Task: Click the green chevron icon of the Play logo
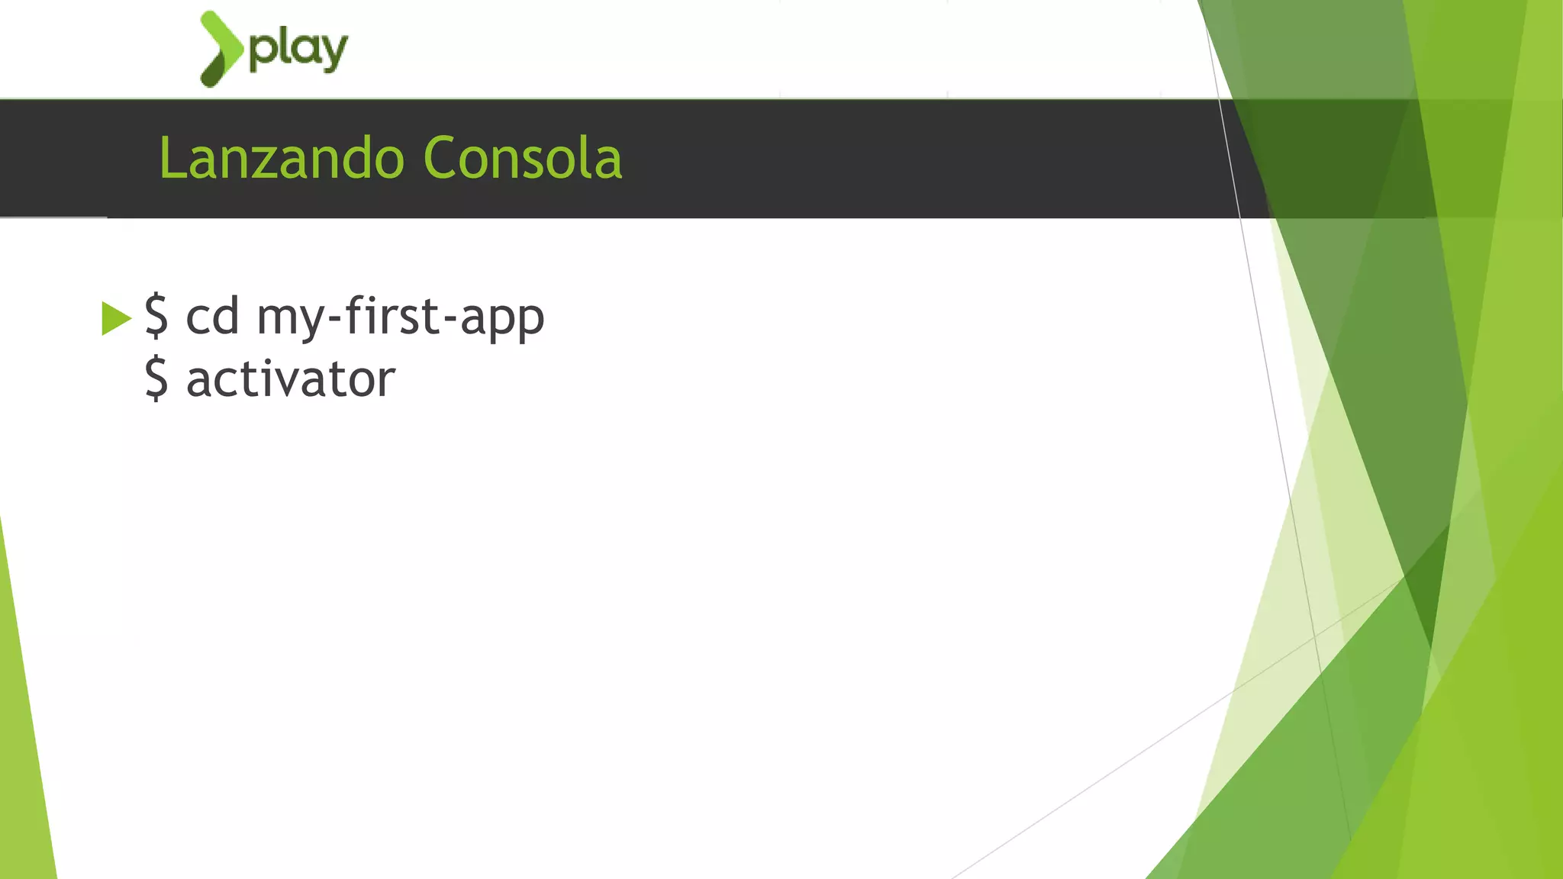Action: (221, 49)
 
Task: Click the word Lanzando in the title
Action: (281, 159)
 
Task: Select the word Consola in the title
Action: (522, 159)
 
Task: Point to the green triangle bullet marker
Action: (115, 318)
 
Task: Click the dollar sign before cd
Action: (156, 315)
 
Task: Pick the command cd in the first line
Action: (212, 315)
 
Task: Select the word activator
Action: (291, 378)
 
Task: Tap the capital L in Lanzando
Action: (171, 159)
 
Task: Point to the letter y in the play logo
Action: (334, 53)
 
